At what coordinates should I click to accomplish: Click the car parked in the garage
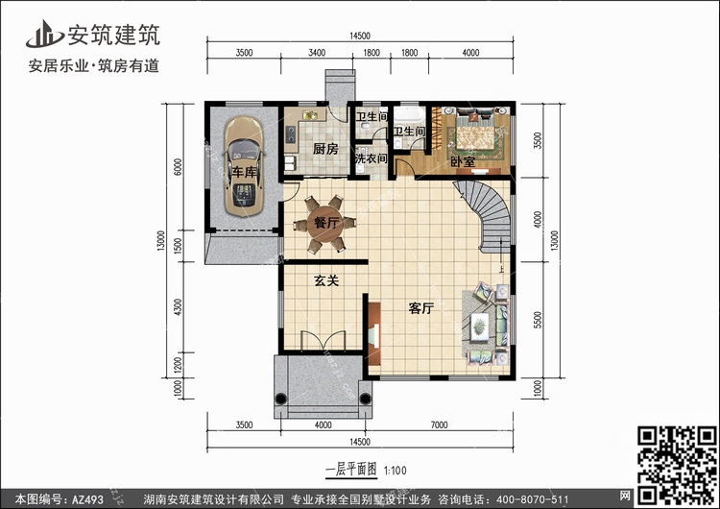[x=244, y=167]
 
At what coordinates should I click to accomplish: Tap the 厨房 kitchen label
[x=325, y=149]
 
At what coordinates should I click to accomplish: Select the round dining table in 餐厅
[x=325, y=224]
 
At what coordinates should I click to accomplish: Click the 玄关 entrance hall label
[x=326, y=280]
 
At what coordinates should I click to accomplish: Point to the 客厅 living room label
[x=421, y=308]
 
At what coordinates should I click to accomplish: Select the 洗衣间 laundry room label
[x=372, y=158]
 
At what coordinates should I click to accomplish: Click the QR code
[x=678, y=464]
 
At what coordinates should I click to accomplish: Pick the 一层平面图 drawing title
[x=351, y=470]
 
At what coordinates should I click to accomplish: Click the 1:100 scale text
[x=395, y=471]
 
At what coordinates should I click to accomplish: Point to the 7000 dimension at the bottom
[x=439, y=424]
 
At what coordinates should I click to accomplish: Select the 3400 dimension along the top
[x=317, y=53]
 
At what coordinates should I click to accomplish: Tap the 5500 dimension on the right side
[x=538, y=320]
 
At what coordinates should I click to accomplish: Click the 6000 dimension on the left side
[x=179, y=167]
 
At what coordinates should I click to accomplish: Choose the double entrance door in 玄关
[x=324, y=340]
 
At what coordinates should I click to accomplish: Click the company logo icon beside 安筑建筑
[x=44, y=35]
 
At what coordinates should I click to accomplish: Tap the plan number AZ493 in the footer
[x=87, y=499]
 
